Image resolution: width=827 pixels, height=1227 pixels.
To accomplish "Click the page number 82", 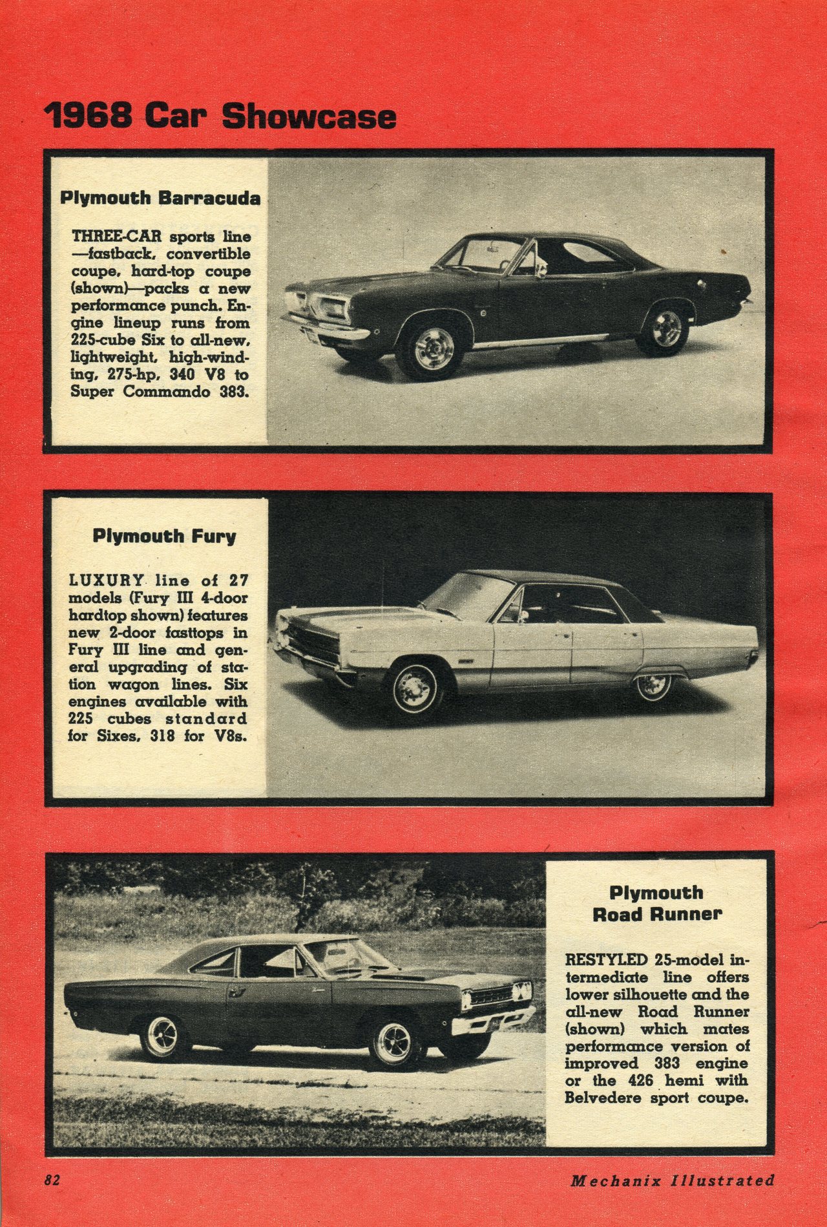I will pyautogui.click(x=52, y=1180).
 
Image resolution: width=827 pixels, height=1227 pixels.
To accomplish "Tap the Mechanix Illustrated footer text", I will pyautogui.click(x=672, y=1180).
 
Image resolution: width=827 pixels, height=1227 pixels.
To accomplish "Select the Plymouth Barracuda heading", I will pyautogui.click(x=160, y=198).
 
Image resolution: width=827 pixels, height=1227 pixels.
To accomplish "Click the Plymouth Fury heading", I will pyautogui.click(x=164, y=536).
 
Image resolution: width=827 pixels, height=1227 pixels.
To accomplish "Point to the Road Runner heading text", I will pyautogui.click(x=656, y=914).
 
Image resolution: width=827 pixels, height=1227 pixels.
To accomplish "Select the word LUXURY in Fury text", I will pyautogui.click(x=106, y=581).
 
